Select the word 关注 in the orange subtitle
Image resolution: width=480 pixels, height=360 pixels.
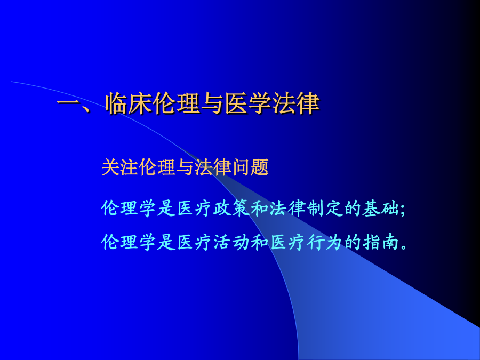(x=119, y=167)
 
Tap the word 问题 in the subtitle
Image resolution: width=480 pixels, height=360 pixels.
(x=251, y=167)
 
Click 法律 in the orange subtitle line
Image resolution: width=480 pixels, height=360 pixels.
(x=213, y=167)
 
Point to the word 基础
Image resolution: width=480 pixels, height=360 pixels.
(x=381, y=209)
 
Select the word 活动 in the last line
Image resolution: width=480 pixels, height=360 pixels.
(x=231, y=242)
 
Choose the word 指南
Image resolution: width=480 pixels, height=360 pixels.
(x=381, y=242)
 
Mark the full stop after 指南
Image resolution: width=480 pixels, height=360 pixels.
(x=404, y=247)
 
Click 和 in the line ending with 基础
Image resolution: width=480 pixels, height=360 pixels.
(x=260, y=209)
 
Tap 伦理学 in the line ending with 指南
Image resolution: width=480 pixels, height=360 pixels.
(x=129, y=242)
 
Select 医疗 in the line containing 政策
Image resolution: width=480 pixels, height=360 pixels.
(x=194, y=209)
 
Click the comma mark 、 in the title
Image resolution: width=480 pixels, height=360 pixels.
(x=86, y=109)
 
